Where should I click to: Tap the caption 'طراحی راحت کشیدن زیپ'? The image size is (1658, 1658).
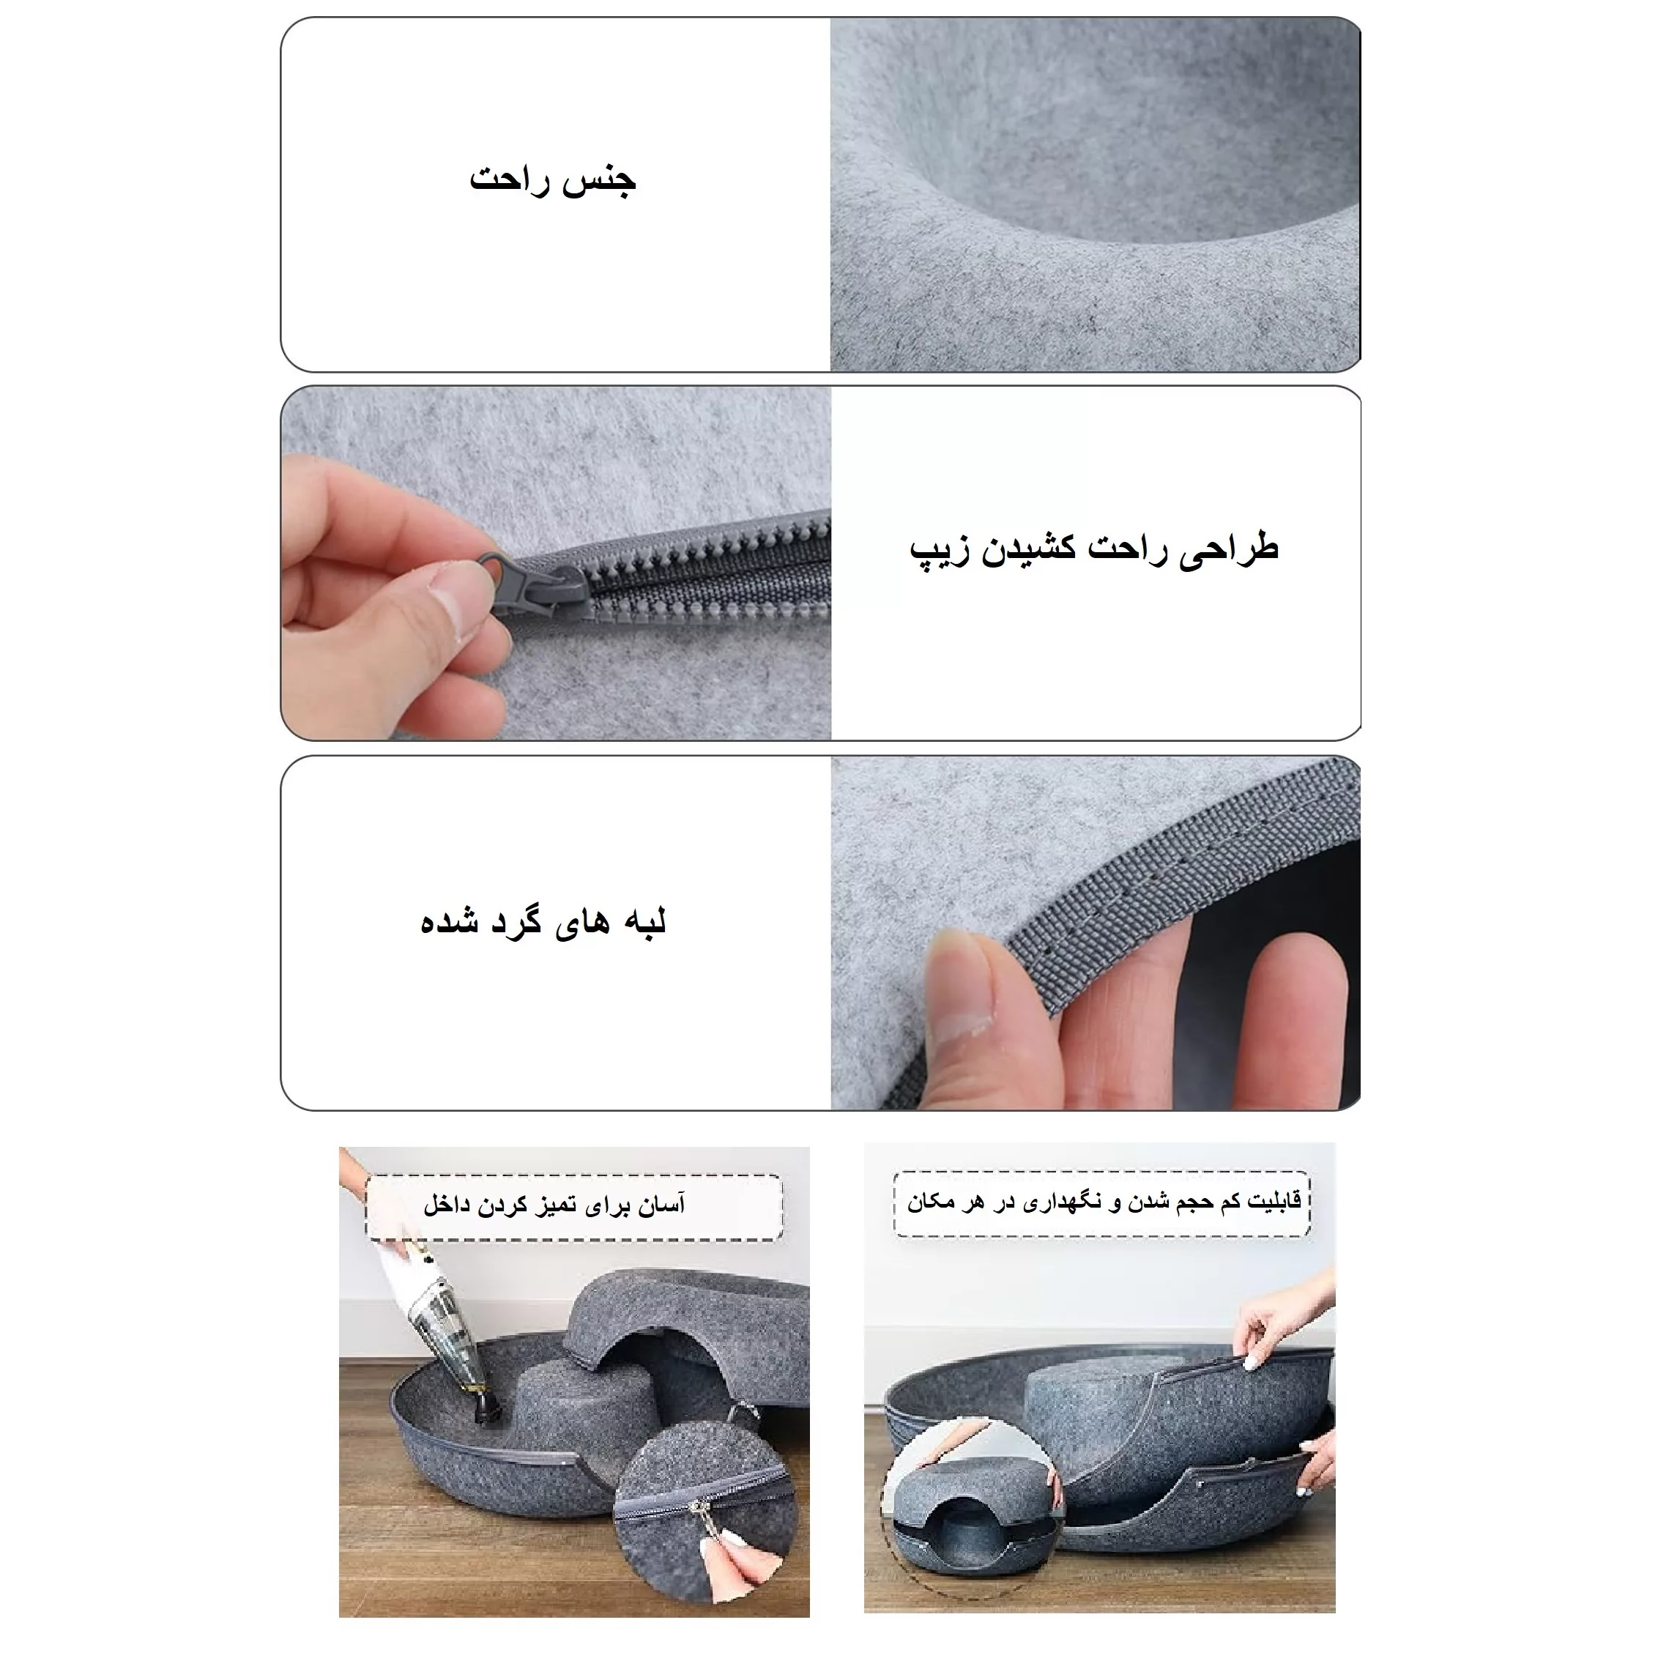[x=1094, y=549]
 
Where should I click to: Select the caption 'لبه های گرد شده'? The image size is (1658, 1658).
[x=543, y=922]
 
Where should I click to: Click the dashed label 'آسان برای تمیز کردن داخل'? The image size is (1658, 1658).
[x=555, y=1205]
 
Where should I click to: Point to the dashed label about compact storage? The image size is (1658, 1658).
[x=1104, y=1202]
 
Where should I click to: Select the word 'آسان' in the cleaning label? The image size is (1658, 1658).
[x=661, y=1205]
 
